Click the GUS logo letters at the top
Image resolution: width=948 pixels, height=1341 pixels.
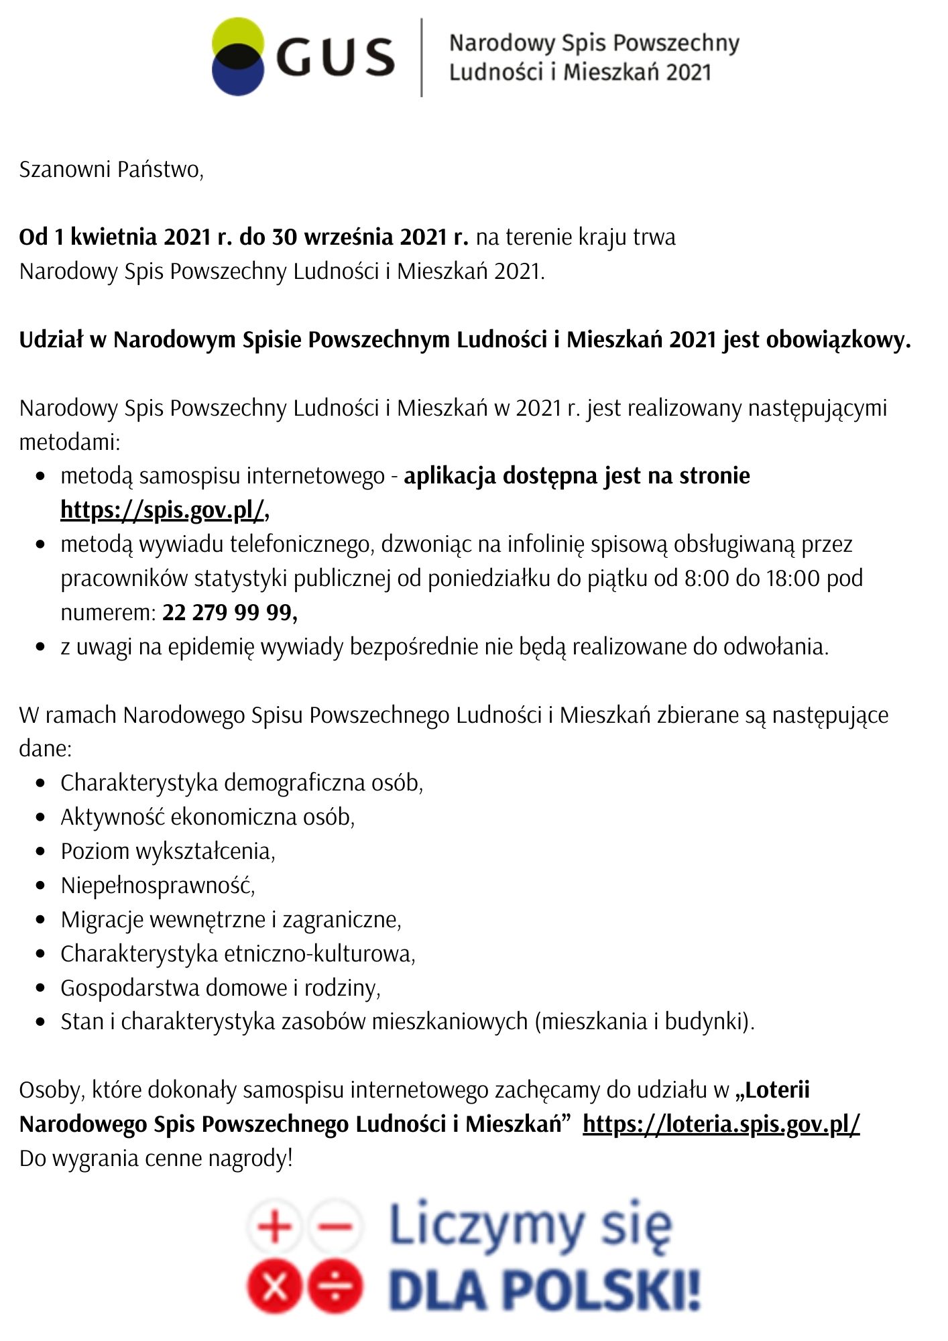pyautogui.click(x=335, y=57)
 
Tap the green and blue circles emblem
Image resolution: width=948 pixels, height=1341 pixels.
pyautogui.click(x=237, y=57)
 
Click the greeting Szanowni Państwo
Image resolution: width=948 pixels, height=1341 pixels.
pyautogui.click(x=111, y=170)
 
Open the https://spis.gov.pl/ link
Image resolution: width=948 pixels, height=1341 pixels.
pyautogui.click(x=163, y=510)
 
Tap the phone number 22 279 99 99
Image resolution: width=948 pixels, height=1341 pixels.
pyautogui.click(x=229, y=613)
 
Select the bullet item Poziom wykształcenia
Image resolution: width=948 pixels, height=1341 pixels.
pyautogui.click(x=168, y=852)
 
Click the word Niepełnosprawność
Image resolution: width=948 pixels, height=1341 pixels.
pyautogui.click(x=158, y=886)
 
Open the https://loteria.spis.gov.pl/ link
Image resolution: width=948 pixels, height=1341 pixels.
pyautogui.click(x=721, y=1124)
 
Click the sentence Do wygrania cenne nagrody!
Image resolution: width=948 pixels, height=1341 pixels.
pyautogui.click(x=156, y=1159)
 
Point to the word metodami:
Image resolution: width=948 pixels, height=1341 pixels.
pyautogui.click(x=69, y=443)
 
